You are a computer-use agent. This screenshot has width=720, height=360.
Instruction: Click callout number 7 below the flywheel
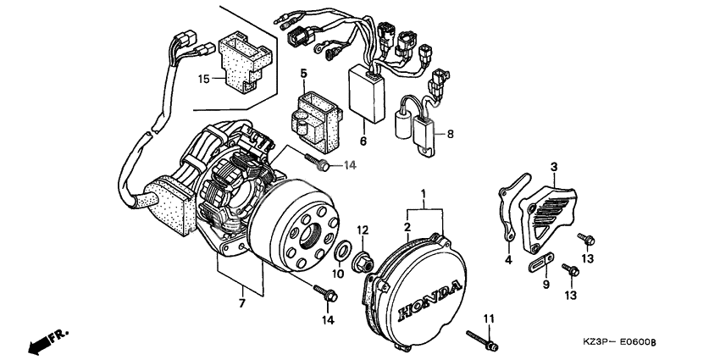tap(241, 302)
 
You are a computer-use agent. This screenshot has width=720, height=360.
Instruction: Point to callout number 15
tap(203, 79)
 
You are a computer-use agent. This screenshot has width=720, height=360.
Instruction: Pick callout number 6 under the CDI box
tap(363, 141)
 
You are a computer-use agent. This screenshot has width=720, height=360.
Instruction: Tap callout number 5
tap(303, 74)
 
